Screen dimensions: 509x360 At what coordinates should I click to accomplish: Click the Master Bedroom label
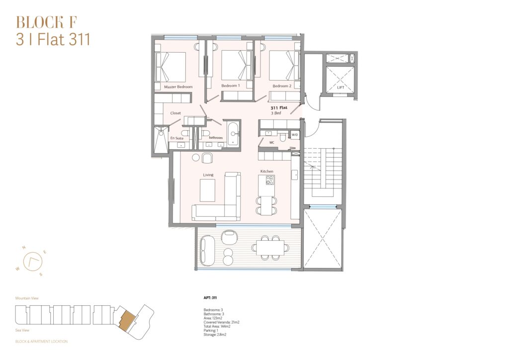pos(178,87)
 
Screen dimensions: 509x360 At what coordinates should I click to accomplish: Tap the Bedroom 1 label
pos(231,86)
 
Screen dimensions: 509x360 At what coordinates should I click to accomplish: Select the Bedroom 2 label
pos(282,86)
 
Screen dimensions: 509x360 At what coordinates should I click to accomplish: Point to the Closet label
pos(175,113)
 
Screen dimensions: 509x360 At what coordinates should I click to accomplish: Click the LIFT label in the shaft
pos(340,88)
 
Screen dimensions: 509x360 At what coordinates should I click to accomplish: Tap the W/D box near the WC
pos(295,134)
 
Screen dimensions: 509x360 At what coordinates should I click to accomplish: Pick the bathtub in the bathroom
pos(234,133)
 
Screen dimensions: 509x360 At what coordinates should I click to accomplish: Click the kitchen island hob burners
pos(270,180)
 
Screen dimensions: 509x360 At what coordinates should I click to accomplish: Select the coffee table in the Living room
pos(207,190)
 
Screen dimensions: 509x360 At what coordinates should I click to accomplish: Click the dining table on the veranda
pos(270,248)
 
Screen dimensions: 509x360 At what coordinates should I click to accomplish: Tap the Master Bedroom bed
pos(171,67)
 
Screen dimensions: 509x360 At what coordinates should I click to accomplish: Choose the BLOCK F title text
pos(46,22)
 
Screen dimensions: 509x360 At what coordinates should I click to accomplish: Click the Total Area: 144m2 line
pos(217,326)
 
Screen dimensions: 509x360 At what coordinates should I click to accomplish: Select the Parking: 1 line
pos(211,331)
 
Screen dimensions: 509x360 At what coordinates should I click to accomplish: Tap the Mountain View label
pos(27,298)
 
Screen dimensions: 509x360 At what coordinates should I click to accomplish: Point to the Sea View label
pos(22,330)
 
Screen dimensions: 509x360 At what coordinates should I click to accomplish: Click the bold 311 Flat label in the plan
pos(279,108)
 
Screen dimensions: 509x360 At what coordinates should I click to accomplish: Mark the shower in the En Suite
pos(161,140)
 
